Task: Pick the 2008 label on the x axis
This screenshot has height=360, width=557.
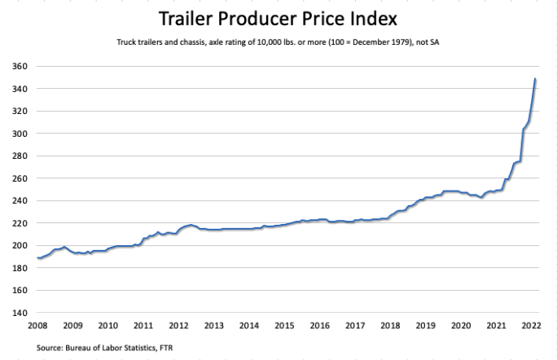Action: (x=37, y=326)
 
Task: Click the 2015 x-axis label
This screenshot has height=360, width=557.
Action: (x=283, y=326)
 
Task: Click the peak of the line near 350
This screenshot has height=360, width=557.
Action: (x=534, y=79)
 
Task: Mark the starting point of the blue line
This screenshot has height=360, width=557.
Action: (x=37, y=257)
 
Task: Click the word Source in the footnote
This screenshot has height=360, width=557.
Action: (x=51, y=348)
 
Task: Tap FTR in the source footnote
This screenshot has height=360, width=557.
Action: (x=166, y=348)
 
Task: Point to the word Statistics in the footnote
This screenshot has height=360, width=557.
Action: (x=136, y=348)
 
